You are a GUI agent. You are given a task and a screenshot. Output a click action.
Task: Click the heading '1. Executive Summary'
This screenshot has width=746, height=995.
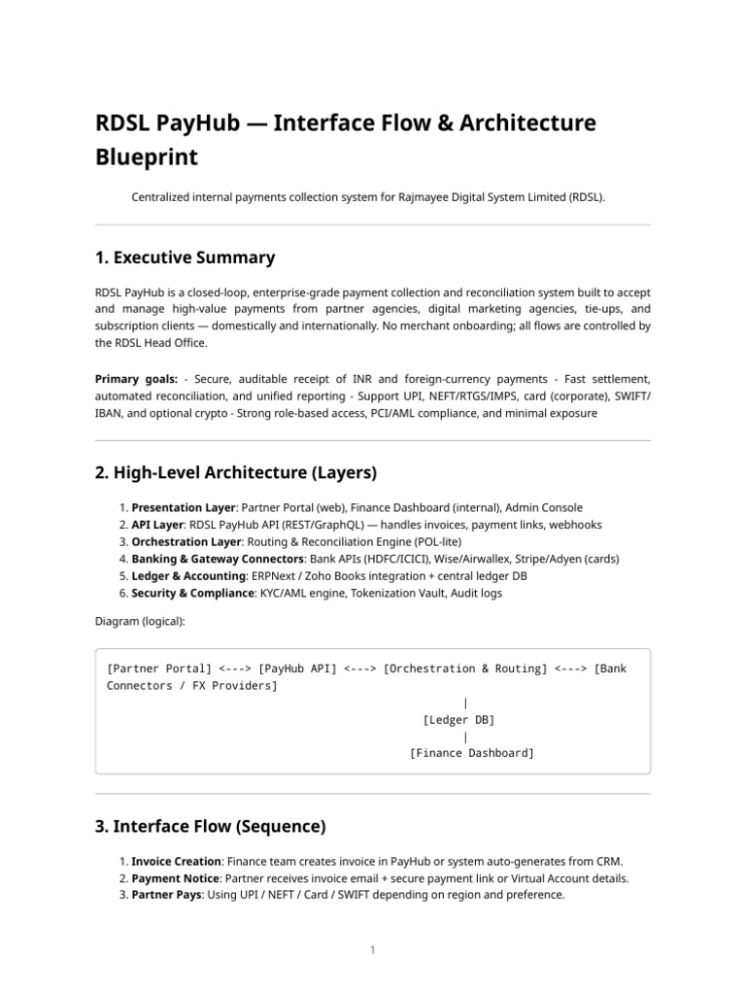pyautogui.click(x=185, y=257)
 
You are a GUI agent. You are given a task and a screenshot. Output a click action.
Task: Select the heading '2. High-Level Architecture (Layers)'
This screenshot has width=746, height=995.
pyautogui.click(x=235, y=472)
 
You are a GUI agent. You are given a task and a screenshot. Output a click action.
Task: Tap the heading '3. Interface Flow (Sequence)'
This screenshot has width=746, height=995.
pyautogui.click(x=210, y=826)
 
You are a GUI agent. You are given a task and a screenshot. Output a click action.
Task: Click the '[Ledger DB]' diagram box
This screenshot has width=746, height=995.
pyautogui.click(x=458, y=720)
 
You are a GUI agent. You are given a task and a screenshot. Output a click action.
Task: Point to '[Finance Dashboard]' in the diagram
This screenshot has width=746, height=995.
pyautogui.click(x=472, y=753)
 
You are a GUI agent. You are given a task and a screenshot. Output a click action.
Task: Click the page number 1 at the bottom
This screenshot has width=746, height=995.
pyautogui.click(x=372, y=949)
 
